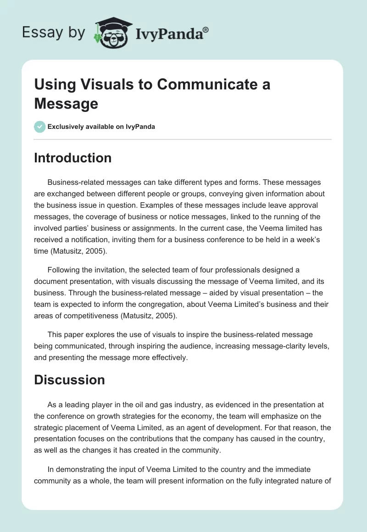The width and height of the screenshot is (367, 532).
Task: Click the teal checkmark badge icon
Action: [x=40, y=127]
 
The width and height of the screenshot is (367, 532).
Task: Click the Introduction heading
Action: [x=72, y=158]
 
